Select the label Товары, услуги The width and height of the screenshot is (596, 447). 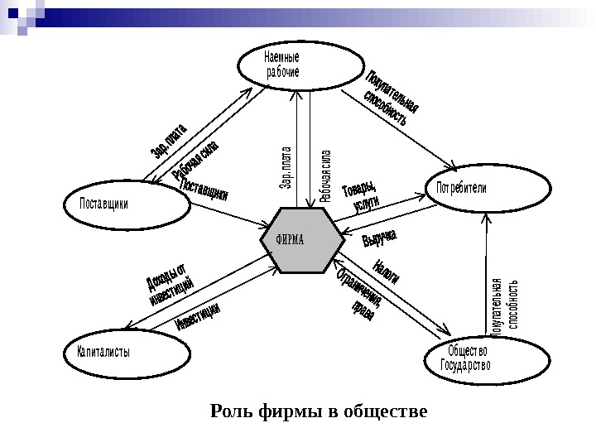(361, 195)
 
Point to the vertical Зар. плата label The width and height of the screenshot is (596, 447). (287, 166)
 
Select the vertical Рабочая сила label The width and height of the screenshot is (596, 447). (325, 175)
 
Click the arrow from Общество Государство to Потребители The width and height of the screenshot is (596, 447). (487, 273)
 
